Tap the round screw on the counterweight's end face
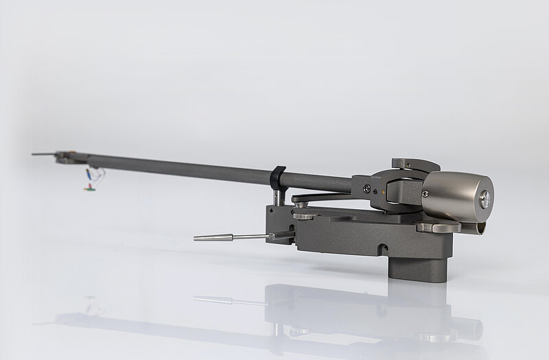(x=485, y=199)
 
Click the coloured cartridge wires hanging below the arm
(x=92, y=177)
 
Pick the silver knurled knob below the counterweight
(x=439, y=227)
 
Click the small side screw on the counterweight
(x=425, y=195)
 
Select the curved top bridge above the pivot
(x=414, y=165)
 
